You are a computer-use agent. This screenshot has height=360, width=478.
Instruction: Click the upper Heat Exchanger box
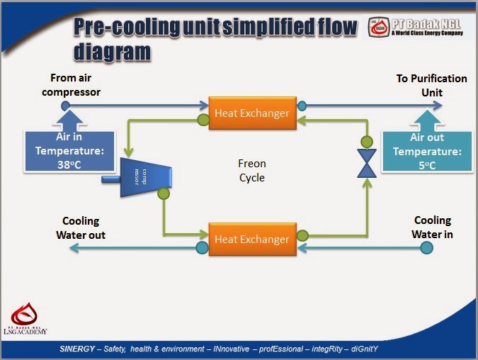[252, 113]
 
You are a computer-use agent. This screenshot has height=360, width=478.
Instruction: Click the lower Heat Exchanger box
[252, 239]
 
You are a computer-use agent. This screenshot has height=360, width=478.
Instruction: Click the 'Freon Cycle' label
[251, 171]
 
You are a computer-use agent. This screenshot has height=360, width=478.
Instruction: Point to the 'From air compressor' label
[75, 84]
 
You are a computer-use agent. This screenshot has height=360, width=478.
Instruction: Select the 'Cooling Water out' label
[81, 227]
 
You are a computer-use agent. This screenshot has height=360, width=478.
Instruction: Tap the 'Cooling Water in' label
[433, 227]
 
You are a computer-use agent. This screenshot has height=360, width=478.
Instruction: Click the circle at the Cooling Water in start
[426, 247]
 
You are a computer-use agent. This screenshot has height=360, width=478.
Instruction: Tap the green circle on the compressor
[164, 193]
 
